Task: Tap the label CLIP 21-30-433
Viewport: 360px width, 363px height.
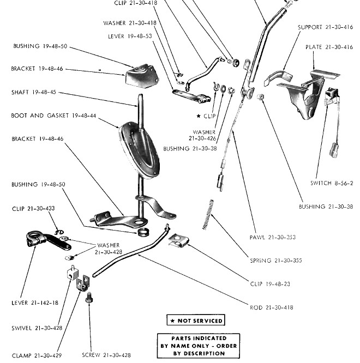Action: [33, 208]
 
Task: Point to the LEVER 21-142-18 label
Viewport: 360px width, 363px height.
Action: [35, 302]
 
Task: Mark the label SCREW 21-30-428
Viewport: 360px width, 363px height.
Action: [107, 355]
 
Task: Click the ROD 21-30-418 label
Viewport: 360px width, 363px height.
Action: [271, 307]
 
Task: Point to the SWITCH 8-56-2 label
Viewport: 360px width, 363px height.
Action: [332, 183]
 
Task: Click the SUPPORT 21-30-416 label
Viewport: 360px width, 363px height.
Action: [325, 27]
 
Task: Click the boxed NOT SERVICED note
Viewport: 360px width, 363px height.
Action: [195, 320]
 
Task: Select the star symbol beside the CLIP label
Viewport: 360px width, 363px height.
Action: [199, 116]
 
